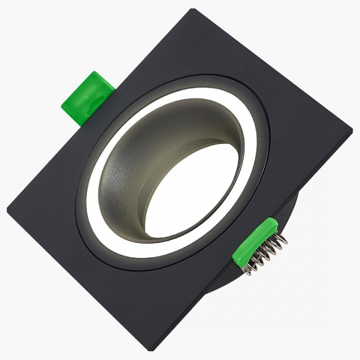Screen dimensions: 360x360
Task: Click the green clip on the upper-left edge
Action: [x=87, y=98]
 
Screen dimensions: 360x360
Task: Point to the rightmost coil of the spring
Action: [x=282, y=239]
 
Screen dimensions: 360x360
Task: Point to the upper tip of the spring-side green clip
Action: [x=274, y=222]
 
